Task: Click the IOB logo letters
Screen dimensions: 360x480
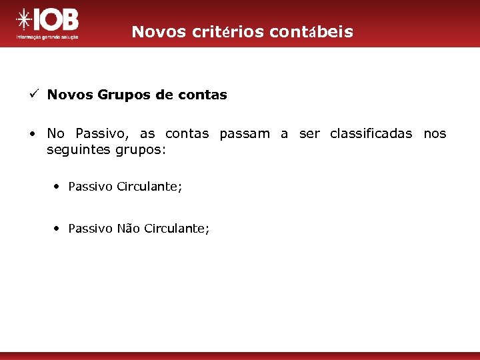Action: (58, 21)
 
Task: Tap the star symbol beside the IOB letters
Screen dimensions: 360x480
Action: (24, 21)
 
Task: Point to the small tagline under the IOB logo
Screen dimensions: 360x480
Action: (47, 37)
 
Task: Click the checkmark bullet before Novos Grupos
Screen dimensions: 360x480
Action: (33, 95)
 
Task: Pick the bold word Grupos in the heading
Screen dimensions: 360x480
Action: (125, 95)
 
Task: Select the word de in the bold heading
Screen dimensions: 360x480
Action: (163, 95)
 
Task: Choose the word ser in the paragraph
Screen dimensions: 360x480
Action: (309, 133)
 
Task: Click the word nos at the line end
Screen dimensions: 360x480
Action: (435, 133)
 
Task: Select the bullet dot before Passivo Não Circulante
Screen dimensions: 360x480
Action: (59, 229)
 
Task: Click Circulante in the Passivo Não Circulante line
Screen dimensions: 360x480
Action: (176, 229)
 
